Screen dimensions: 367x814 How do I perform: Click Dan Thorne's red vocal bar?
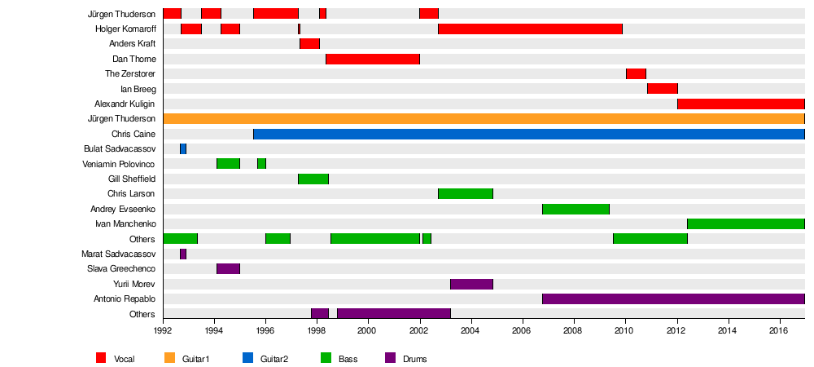[373, 59]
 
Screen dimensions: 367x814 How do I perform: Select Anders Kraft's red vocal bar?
[309, 44]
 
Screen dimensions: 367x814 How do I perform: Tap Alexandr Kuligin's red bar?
[741, 104]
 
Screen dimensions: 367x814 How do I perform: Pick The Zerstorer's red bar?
[636, 74]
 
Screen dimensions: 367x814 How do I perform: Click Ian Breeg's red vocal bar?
[663, 89]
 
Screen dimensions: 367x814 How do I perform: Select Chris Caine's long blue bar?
[529, 134]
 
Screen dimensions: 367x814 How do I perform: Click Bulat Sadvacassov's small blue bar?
[183, 148]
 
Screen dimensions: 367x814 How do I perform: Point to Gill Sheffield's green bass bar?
[313, 179]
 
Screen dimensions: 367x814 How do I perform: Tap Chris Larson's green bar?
[466, 194]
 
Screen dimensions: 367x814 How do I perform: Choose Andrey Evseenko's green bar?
[575, 209]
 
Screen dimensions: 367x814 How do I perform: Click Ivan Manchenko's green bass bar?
[746, 223]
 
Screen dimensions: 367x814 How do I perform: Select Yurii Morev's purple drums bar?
[471, 284]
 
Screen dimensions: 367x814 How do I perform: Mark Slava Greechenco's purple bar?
[228, 268]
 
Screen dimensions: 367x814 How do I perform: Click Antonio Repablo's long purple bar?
[673, 299]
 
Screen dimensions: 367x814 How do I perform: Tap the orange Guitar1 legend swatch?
[169, 358]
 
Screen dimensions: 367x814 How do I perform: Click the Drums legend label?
[414, 359]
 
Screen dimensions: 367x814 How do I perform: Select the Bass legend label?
[348, 359]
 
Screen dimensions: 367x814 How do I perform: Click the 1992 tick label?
[163, 331]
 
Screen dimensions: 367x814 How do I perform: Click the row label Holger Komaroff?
[125, 29]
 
